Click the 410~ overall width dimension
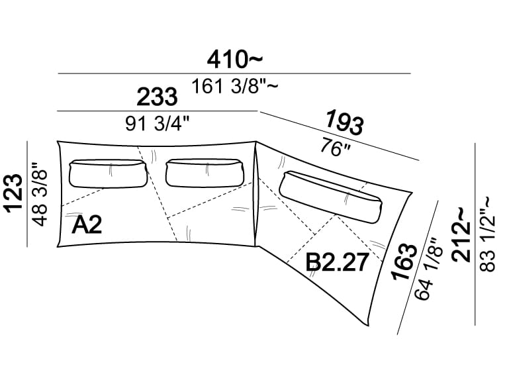[x=234, y=60]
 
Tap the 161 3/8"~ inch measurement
[x=234, y=87]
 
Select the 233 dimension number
[x=157, y=97]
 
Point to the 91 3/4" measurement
[x=157, y=124]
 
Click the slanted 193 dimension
[x=344, y=122]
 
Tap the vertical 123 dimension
[x=14, y=194]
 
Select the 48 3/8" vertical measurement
[x=41, y=194]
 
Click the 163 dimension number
[x=404, y=262]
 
